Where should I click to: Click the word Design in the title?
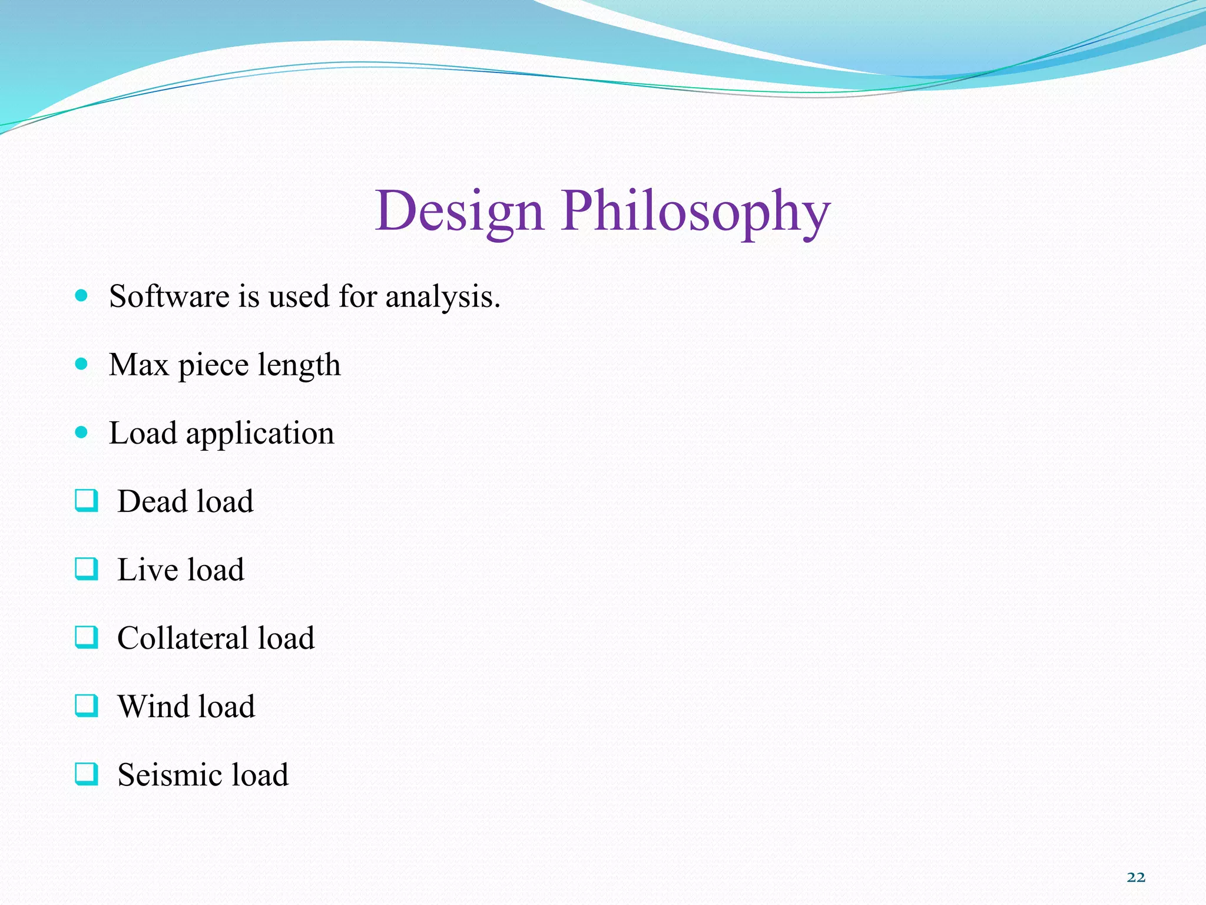pos(459,211)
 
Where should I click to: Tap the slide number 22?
pos(1136,877)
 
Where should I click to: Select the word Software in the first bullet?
pos(170,296)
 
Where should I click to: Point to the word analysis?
pos(442,297)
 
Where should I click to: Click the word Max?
pos(139,364)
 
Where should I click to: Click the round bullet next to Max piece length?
pos(82,364)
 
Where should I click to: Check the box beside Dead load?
pos(86,501)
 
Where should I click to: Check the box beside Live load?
pos(86,569)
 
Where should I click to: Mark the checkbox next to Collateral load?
pos(86,638)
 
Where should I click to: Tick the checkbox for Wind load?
pos(86,706)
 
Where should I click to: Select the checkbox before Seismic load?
pos(86,774)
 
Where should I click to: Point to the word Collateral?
pos(183,638)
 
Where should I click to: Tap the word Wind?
pos(153,706)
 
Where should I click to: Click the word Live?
pos(147,570)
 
